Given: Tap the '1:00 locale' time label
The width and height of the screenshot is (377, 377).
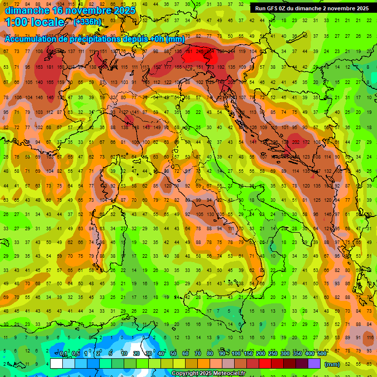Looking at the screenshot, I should point(34,22).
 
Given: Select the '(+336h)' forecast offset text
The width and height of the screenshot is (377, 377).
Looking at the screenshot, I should point(87,22).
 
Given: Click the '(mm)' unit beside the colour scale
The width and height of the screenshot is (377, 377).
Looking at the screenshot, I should point(332,364).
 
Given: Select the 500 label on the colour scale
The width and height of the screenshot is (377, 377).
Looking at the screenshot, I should point(322,354).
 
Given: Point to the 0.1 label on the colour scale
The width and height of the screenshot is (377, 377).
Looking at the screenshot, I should point(63,354).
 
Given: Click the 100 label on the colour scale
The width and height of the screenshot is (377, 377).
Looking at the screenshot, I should point(236,354).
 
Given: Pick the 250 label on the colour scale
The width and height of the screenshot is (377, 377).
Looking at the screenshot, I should point(272,354).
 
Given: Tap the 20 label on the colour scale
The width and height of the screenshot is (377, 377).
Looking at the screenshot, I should point(136,354).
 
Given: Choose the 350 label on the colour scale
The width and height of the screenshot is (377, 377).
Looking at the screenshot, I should point(297,354).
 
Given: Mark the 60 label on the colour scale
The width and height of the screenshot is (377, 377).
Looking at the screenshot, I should point(186,354).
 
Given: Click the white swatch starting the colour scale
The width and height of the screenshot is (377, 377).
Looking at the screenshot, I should point(56,364).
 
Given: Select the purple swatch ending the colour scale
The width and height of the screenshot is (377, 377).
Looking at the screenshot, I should point(314,364).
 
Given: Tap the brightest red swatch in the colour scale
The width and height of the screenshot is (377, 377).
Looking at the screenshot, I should point(265,364).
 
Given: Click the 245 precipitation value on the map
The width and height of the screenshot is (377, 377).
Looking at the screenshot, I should point(200,51).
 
